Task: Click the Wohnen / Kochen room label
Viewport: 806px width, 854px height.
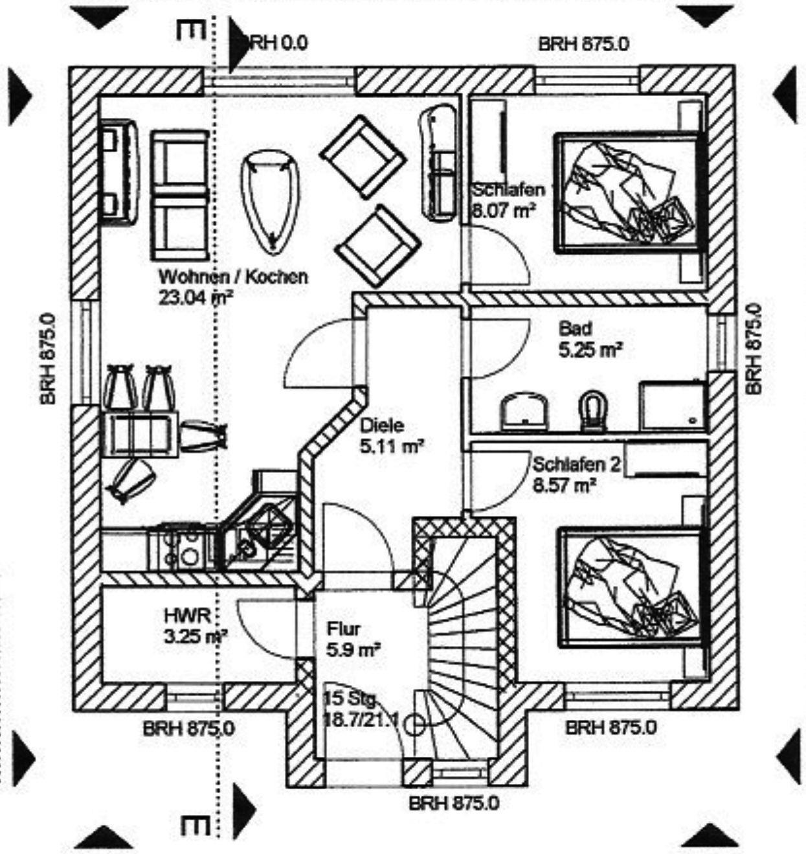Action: (233, 277)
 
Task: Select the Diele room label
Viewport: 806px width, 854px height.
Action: (382, 426)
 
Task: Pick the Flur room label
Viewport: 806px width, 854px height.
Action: (343, 628)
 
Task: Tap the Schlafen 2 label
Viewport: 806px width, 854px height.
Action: (577, 465)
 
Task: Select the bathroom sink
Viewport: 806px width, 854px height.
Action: (524, 410)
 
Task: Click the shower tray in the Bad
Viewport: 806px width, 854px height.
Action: (672, 405)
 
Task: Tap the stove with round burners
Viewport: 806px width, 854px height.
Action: (187, 550)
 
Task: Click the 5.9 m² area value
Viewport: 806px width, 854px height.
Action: (353, 649)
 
